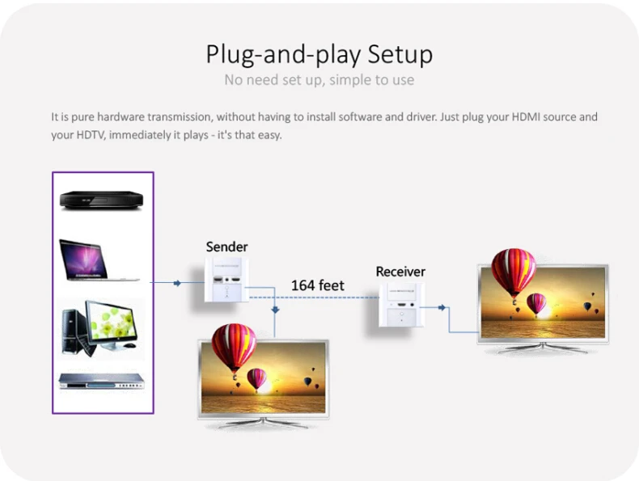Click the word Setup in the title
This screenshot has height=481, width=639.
(x=400, y=54)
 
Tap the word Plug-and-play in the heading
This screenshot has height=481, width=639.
(x=283, y=54)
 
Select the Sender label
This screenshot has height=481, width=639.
(x=226, y=247)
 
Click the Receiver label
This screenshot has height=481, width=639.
(x=400, y=272)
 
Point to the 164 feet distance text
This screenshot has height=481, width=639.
(x=317, y=285)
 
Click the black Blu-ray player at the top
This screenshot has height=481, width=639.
(x=101, y=200)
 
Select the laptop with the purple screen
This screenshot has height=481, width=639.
(x=98, y=260)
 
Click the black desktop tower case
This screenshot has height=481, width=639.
(x=71, y=331)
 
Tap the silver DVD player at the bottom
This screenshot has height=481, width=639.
(x=101, y=382)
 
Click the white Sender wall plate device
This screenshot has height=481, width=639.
(x=226, y=281)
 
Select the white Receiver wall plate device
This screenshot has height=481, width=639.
(x=401, y=305)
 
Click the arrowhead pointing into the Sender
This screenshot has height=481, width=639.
(x=177, y=283)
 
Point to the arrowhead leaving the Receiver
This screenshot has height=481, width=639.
(x=442, y=307)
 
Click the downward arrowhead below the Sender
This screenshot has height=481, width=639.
(x=275, y=310)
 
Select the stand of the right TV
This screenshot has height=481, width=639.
(x=543, y=348)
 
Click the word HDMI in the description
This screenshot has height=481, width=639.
(x=525, y=117)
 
